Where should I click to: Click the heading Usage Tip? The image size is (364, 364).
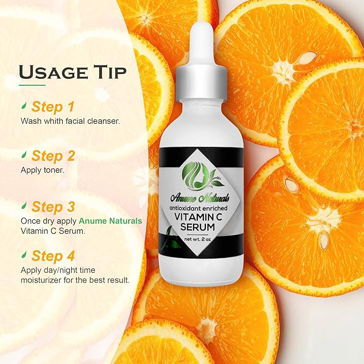[x=73, y=72]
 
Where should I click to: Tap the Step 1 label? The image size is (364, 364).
[x=53, y=107]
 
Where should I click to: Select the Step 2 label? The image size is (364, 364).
[x=53, y=155]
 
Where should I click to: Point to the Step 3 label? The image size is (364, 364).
[x=53, y=206]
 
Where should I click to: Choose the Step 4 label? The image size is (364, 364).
[x=53, y=256]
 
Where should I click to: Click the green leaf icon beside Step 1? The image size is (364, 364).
[x=24, y=105]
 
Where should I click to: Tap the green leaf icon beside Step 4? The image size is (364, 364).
[x=24, y=254]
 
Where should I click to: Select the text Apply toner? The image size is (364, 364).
[x=42, y=170]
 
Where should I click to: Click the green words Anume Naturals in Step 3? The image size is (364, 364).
[x=110, y=220]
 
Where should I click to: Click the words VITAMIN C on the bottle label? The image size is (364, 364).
[x=198, y=217]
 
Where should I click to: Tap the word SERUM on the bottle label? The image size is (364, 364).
[x=198, y=227]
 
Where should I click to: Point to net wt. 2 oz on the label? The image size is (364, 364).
[x=198, y=239]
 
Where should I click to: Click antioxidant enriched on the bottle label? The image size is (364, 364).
[x=198, y=208]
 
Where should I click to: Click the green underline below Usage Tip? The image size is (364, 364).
[x=32, y=85]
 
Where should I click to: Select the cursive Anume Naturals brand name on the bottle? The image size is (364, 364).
[x=200, y=198]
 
